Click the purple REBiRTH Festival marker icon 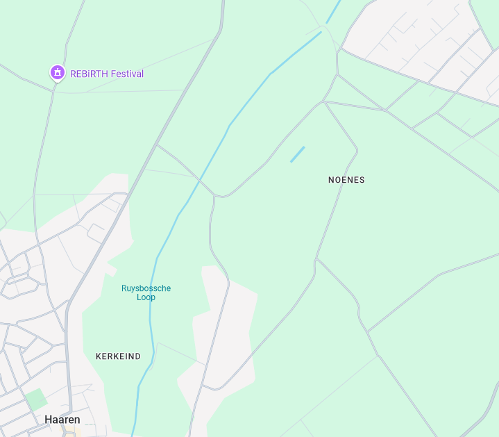(x=57, y=72)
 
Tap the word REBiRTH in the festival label (x=88, y=74)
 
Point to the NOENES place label (x=346, y=180)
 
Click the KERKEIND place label (x=118, y=356)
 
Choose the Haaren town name (x=62, y=420)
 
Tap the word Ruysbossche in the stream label (x=146, y=288)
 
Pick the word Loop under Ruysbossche (x=146, y=297)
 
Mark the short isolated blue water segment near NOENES (x=298, y=154)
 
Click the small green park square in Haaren (x=35, y=399)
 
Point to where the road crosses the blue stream (x=201, y=182)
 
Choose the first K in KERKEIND (x=99, y=356)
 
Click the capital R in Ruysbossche (x=124, y=288)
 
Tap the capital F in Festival (x=112, y=74)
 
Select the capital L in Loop (x=139, y=297)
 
